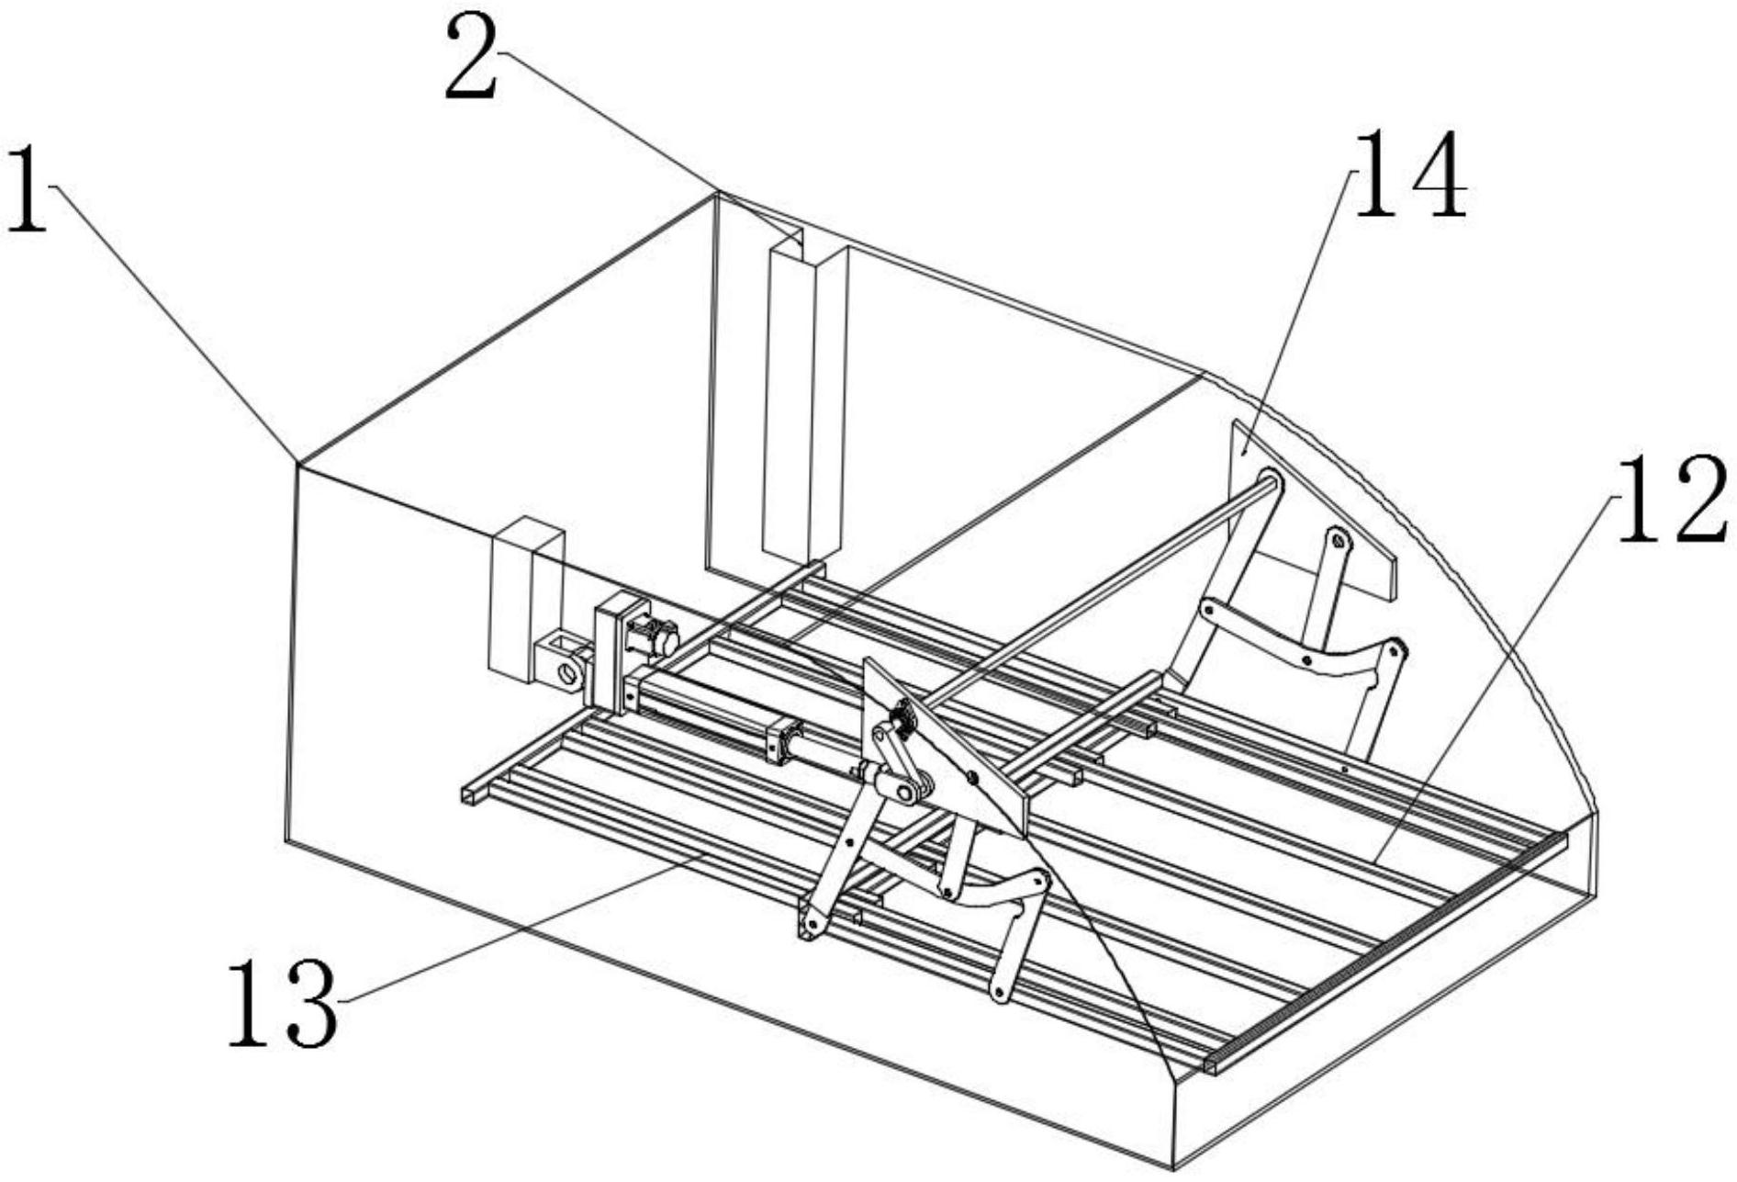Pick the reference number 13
click(282, 1003)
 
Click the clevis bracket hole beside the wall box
click(568, 673)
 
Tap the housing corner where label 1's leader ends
click(297, 464)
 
